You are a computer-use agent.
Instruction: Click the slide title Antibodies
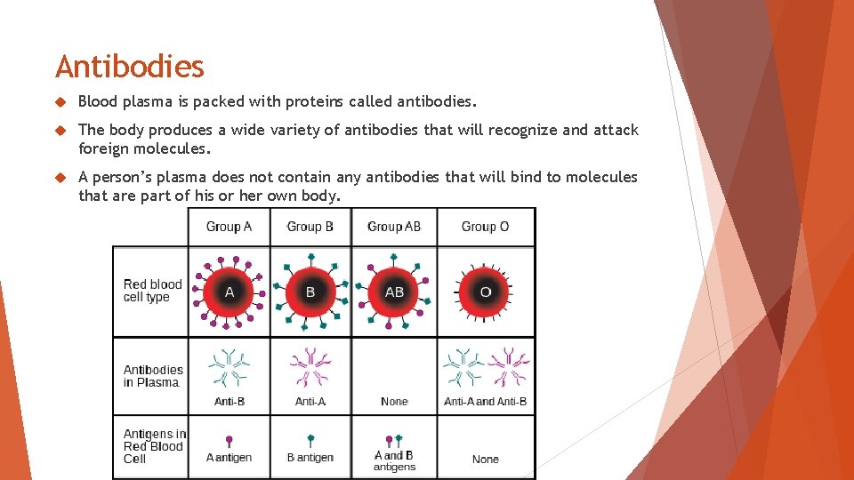(x=130, y=67)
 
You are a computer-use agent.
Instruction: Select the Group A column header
(x=229, y=227)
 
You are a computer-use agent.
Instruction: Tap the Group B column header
(x=310, y=227)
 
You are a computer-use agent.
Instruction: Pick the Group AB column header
(x=394, y=227)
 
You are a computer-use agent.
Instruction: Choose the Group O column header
(x=485, y=227)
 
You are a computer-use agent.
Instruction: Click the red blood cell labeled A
(x=229, y=292)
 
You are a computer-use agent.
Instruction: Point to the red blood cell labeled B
(x=310, y=292)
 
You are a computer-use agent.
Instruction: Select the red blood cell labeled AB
(x=394, y=292)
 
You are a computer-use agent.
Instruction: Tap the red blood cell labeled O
(x=486, y=292)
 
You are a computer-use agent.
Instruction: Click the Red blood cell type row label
(x=152, y=291)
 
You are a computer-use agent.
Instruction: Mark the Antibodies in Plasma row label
(x=153, y=376)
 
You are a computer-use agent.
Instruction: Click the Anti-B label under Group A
(x=230, y=402)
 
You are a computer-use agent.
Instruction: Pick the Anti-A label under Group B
(x=310, y=402)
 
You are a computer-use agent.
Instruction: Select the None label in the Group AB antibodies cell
(x=394, y=402)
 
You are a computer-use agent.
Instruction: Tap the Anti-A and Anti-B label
(x=486, y=402)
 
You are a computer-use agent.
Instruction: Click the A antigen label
(x=229, y=458)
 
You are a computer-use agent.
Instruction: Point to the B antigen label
(x=310, y=458)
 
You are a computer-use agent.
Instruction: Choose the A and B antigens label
(x=394, y=460)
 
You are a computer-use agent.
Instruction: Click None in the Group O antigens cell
(x=486, y=460)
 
